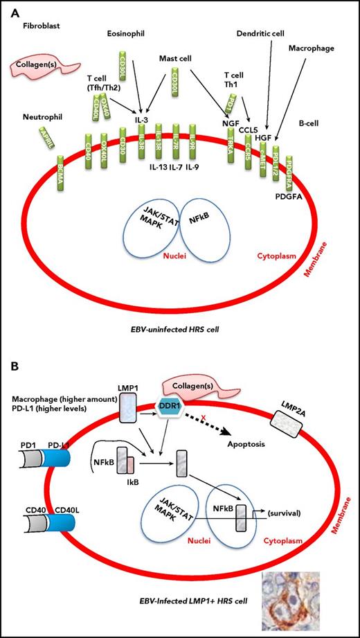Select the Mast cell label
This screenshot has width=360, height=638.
pyautogui.click(x=176, y=59)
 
